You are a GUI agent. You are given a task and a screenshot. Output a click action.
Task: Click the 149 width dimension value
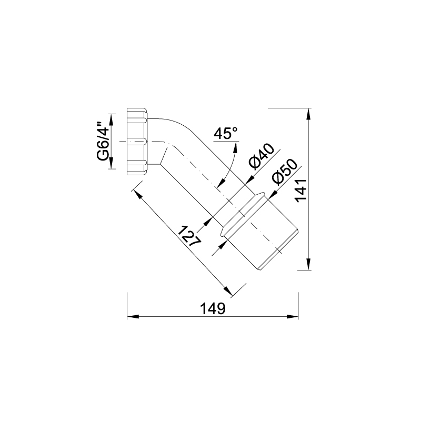pos(213,308)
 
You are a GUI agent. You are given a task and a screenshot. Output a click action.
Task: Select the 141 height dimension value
pos(301,190)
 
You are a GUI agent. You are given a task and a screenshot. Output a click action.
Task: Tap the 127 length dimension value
pos(189,236)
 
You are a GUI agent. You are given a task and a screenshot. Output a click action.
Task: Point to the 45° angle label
pos(226,133)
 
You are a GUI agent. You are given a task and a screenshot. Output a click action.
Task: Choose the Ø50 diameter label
pos(284,173)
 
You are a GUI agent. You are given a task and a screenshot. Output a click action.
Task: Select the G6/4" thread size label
pos(103,142)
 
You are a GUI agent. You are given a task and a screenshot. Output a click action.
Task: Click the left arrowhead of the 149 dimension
pos(133,317)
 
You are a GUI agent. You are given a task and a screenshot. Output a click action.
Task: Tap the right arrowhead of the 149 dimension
pos(293,317)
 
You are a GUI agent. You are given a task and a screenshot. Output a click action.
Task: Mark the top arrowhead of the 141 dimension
pos(309,114)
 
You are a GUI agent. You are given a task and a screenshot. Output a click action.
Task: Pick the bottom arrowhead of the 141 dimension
pos(309,264)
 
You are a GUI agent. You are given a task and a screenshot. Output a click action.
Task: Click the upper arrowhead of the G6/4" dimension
pos(112,119)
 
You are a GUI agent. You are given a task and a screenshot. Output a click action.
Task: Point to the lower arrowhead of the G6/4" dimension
pos(112,163)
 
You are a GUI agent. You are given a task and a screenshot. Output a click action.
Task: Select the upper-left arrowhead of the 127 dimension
pos(138,194)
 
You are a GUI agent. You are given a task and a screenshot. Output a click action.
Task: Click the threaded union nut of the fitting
pos(137,142)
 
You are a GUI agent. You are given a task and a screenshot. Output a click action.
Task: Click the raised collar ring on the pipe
pos(243,214)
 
